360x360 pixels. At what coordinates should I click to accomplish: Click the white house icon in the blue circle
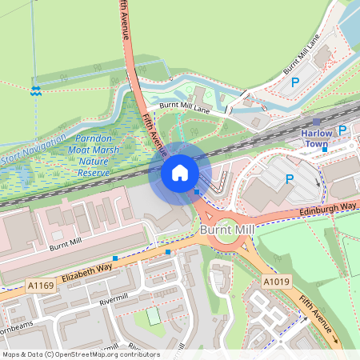tap(180, 173)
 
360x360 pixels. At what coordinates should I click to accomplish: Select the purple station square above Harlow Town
tap(316, 121)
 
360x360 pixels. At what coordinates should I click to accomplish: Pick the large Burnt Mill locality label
tap(227, 230)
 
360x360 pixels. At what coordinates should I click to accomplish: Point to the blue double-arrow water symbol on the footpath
tap(35, 90)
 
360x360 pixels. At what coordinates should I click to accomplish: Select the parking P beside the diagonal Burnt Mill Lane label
tap(294, 82)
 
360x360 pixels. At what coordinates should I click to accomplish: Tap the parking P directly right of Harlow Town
tap(342, 130)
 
